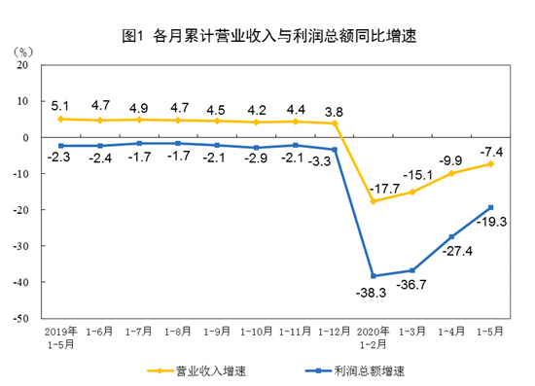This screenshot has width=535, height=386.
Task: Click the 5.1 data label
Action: (60, 103)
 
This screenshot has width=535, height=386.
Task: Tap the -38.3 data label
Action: (373, 292)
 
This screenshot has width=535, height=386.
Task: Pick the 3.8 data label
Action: (335, 110)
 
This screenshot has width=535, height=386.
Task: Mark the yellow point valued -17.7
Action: (374, 201)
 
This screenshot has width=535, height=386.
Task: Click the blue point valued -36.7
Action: (412, 270)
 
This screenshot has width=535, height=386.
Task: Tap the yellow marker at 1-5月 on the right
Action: (490, 163)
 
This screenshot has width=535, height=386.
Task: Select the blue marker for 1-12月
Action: (335, 150)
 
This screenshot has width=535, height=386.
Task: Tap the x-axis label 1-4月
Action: (452, 332)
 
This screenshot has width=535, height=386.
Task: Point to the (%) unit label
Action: (24, 50)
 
